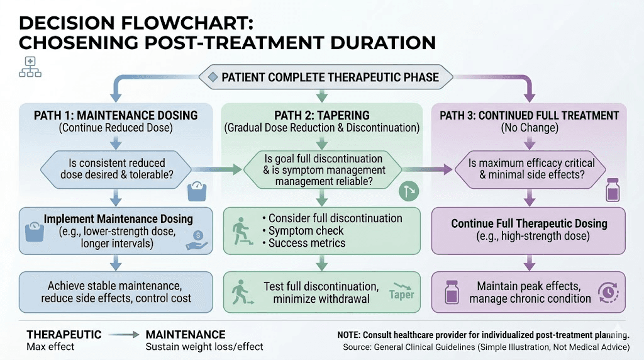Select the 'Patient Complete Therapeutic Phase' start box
tap(326, 78)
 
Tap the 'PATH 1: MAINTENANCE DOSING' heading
tap(115, 115)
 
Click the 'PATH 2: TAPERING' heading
tap(321, 115)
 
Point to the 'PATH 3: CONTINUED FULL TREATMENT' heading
tap(529, 115)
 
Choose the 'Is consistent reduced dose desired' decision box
tap(115, 167)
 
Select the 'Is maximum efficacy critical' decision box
tap(528, 169)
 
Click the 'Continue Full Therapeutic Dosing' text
tap(529, 223)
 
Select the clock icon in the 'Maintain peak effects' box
tap(608, 291)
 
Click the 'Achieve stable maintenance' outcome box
tap(115, 291)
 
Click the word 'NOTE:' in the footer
tap(353, 335)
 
